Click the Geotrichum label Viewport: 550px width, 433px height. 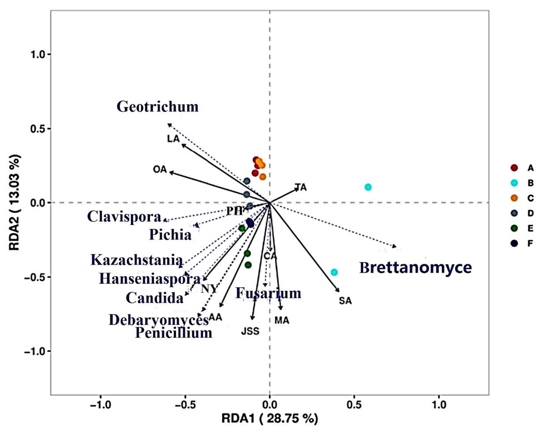(158, 106)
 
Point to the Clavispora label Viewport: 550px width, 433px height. (124, 217)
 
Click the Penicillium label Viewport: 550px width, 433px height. (174, 333)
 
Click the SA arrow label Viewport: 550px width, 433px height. (345, 301)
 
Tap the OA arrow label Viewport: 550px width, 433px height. (160, 169)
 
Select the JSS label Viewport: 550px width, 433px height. (250, 331)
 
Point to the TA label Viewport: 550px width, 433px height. (301, 187)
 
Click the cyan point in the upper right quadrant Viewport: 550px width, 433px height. (368, 187)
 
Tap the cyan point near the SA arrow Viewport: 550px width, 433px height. (334, 272)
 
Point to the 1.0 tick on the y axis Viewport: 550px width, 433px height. (38, 54)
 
